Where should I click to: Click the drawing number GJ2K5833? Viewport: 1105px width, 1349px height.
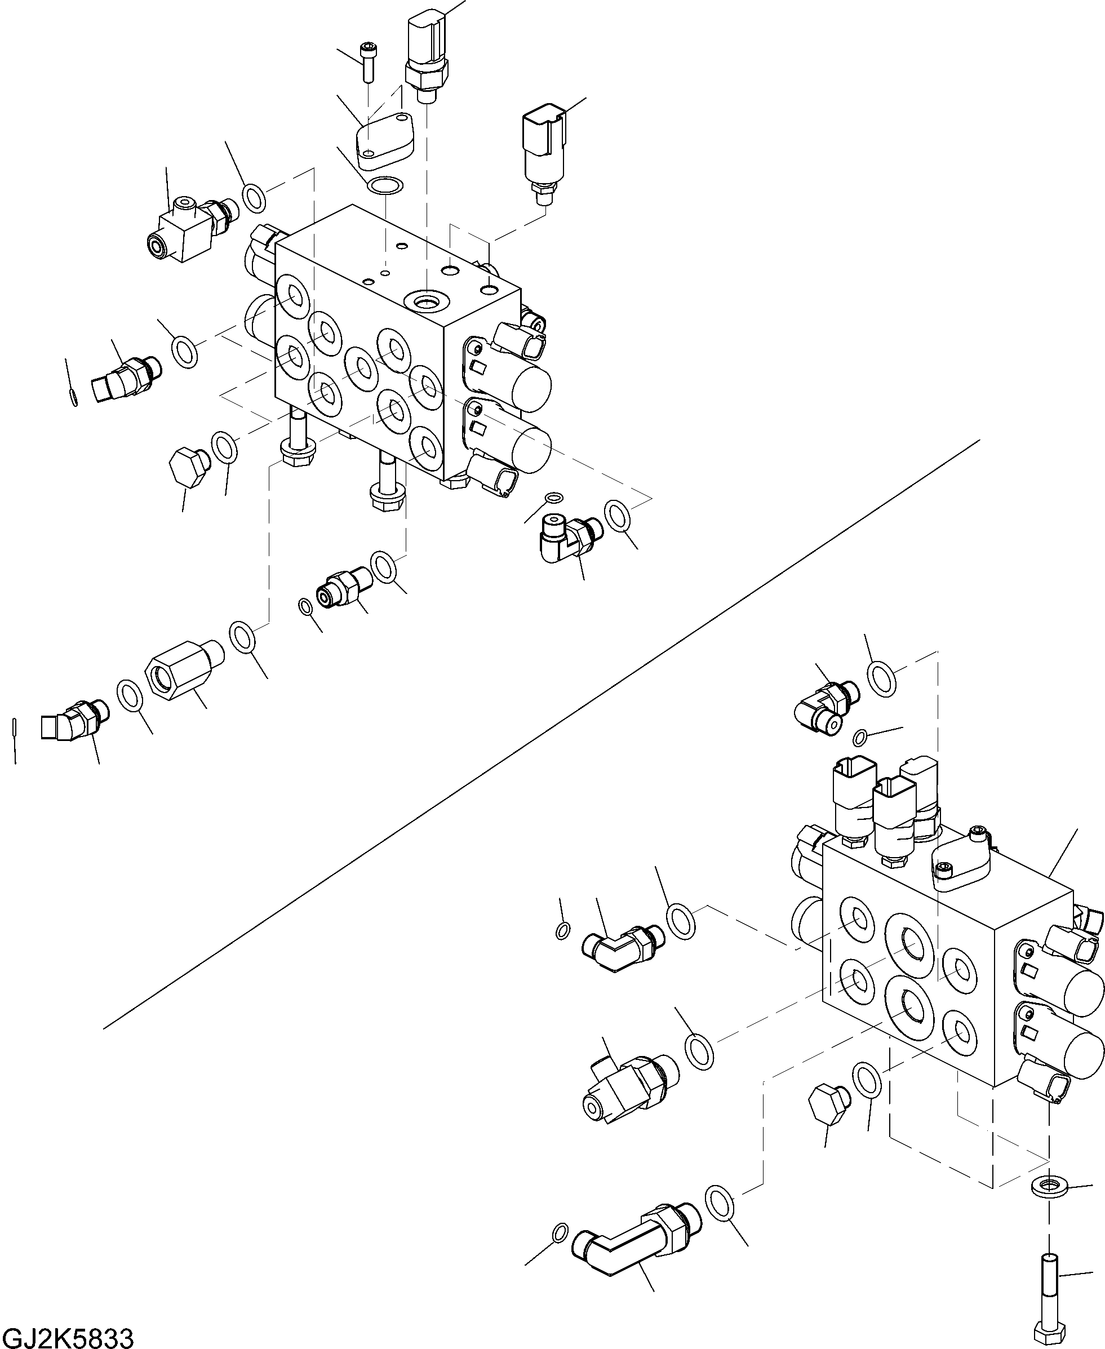point(68,1335)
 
